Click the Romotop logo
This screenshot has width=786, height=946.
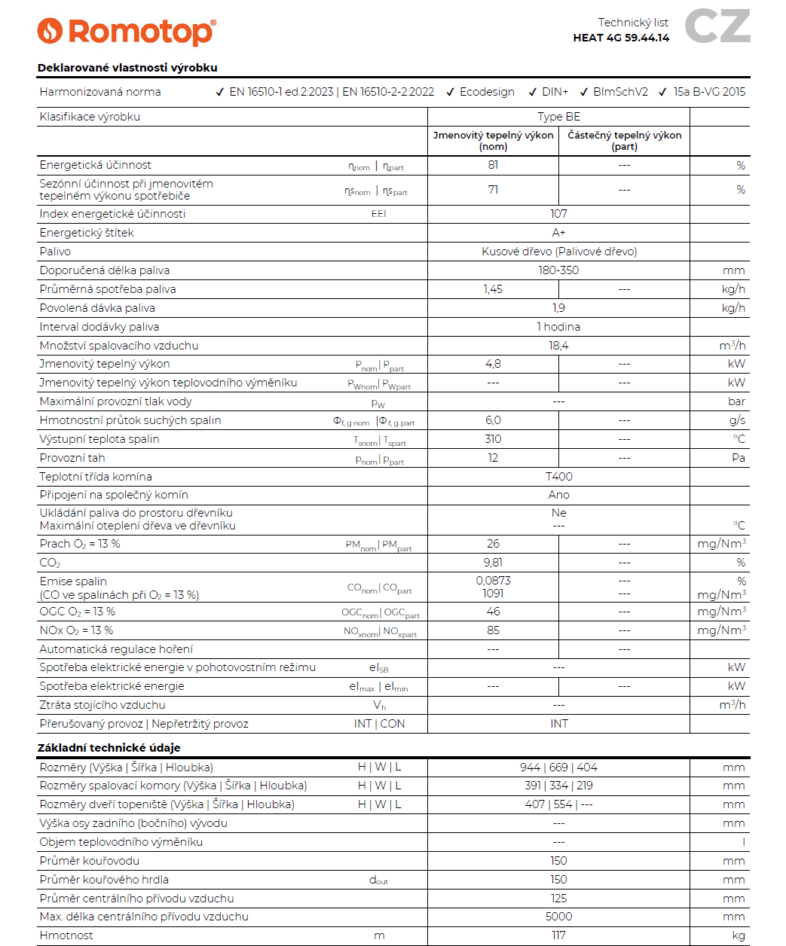[x=127, y=32]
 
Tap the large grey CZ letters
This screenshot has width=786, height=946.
[x=717, y=26]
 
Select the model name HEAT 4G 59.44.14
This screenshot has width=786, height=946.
[x=621, y=38]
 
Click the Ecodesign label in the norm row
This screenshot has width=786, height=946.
[x=487, y=92]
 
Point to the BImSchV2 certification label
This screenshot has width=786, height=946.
[x=620, y=92]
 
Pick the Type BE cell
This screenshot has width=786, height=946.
[x=558, y=117]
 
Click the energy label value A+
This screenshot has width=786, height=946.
[x=558, y=233]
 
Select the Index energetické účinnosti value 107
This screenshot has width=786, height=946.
[x=558, y=214]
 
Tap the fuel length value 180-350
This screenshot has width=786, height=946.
[x=558, y=270]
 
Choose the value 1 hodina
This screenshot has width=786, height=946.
[x=558, y=327]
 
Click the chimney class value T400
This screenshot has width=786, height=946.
[x=558, y=477]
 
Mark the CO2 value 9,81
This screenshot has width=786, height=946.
[x=493, y=563]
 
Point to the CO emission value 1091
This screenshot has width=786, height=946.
[x=493, y=594]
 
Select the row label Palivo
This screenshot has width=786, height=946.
[x=55, y=252]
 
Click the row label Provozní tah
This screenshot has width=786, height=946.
[x=72, y=458]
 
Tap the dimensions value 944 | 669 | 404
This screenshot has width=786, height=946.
[x=558, y=767]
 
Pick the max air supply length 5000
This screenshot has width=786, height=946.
[x=558, y=917]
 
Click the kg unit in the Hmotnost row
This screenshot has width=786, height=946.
[x=738, y=935]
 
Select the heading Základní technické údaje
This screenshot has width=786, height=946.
[x=109, y=748]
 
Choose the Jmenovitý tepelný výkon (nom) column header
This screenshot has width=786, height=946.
[x=493, y=141]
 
